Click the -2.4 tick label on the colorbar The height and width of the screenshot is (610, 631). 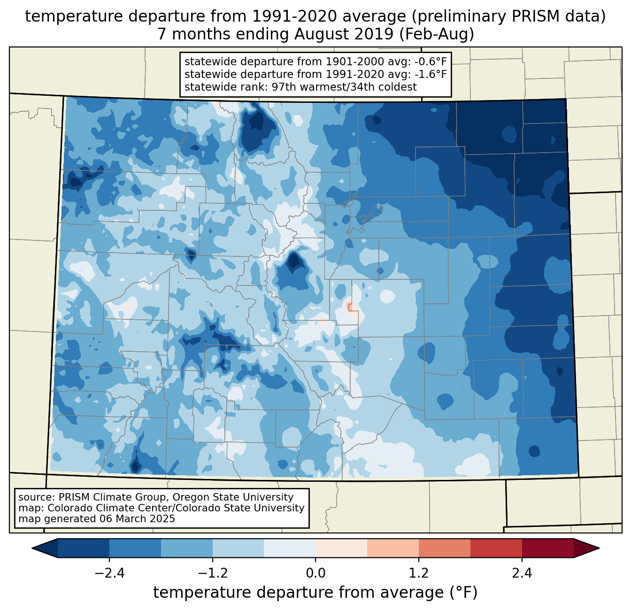point(109,573)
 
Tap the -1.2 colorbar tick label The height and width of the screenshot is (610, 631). point(212,573)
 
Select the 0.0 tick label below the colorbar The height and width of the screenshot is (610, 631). point(315,573)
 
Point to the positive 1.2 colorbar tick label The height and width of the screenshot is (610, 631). point(419,573)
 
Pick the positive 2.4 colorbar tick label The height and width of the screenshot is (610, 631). point(522,573)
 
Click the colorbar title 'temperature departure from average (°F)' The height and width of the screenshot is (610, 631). point(315,593)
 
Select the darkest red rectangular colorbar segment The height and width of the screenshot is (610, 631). point(547,548)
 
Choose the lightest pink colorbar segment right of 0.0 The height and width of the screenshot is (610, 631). point(341,548)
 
